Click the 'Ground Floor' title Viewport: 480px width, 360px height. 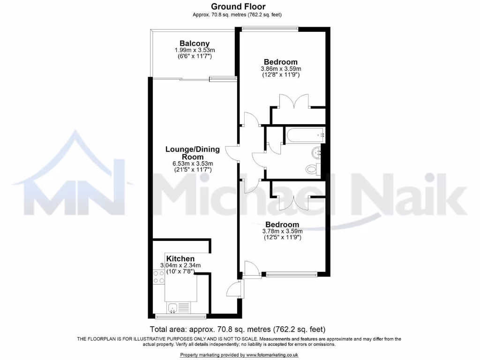[x=238, y=7]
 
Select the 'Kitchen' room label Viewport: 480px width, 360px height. [x=180, y=259]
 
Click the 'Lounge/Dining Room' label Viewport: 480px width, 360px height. [x=192, y=153]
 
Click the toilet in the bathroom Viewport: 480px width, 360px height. [x=311, y=169]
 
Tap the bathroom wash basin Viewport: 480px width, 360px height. [x=317, y=151]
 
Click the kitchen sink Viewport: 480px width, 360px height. [x=172, y=307]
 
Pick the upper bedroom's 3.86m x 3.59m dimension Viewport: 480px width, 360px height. [x=281, y=69]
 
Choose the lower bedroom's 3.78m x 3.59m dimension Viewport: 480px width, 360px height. [x=282, y=231]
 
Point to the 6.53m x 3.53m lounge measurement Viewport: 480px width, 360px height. [x=192, y=164]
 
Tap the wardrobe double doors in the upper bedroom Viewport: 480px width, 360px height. [x=294, y=102]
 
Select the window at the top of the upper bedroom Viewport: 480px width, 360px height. [x=270, y=29]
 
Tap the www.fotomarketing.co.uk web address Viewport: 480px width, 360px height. [x=272, y=355]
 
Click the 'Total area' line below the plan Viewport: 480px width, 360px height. [x=237, y=329]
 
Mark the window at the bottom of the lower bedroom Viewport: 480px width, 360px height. [x=292, y=274]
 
